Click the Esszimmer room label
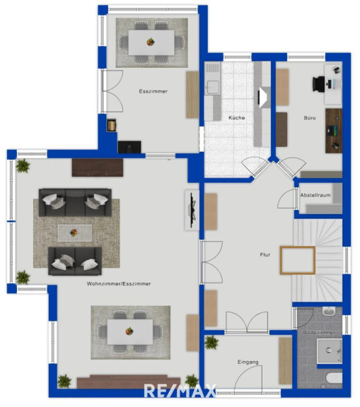[x=153, y=91]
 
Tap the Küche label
[x=237, y=117]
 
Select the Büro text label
[x=310, y=118]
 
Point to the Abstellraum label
[x=315, y=195]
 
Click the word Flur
[x=265, y=254]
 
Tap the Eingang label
[x=248, y=362]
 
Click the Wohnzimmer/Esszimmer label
[x=119, y=284]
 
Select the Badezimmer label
[x=319, y=332]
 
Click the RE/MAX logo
[x=180, y=391]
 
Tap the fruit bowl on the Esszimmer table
[x=151, y=42]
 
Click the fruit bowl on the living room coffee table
[x=74, y=232]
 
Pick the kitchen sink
[x=212, y=86]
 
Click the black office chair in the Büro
[x=319, y=84]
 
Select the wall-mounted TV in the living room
[x=192, y=210]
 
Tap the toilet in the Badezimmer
[x=334, y=378]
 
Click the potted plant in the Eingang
[x=211, y=343]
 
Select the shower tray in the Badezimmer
[x=330, y=351]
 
